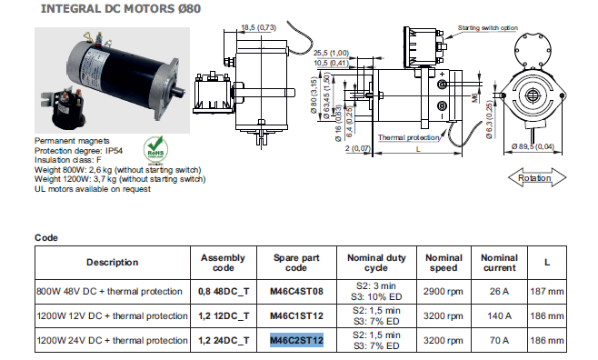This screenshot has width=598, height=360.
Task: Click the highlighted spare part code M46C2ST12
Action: [296, 340]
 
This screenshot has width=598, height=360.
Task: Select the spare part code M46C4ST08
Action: [296, 291]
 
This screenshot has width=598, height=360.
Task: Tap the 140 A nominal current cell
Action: [499, 315]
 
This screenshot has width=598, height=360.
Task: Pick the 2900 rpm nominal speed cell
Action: [444, 291]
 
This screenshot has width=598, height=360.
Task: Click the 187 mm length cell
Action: [547, 291]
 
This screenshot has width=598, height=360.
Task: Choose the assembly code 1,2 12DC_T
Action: [224, 315]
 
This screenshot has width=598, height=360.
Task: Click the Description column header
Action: [113, 263]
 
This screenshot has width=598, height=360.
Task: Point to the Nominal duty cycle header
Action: [376, 263]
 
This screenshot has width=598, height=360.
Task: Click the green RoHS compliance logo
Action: [155, 149]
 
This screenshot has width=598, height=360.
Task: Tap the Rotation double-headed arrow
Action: [537, 177]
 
